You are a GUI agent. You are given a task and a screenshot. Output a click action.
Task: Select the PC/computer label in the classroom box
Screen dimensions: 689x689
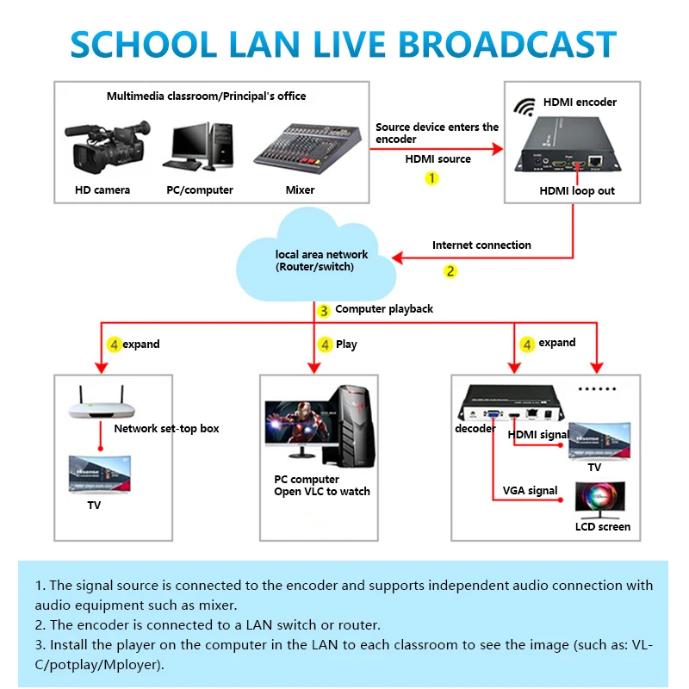click(199, 189)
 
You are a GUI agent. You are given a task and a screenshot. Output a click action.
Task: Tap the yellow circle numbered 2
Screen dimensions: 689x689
click(450, 270)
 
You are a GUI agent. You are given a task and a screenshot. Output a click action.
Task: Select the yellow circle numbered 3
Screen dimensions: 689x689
click(324, 310)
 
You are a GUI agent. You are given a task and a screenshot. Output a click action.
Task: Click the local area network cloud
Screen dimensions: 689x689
click(319, 258)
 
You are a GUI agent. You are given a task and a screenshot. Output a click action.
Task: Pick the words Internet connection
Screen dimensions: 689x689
click(481, 245)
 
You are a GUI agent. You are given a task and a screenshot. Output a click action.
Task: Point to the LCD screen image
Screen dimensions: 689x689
click(602, 497)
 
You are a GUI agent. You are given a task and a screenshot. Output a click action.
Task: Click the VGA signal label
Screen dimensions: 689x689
click(530, 491)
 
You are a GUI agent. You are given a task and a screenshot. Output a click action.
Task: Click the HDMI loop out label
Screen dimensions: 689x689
click(577, 190)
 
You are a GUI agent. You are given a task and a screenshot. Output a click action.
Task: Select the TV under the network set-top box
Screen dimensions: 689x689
click(102, 474)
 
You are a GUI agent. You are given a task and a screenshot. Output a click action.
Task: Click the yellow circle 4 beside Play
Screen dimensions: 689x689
click(325, 344)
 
